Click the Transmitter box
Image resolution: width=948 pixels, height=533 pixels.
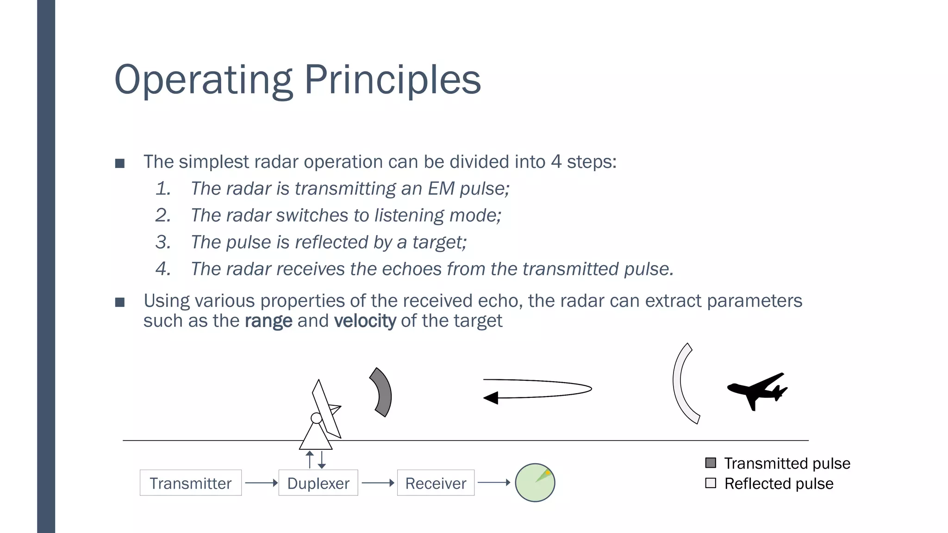tap(190, 483)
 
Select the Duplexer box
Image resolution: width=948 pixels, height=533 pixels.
tap(318, 483)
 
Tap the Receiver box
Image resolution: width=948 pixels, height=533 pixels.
tap(436, 483)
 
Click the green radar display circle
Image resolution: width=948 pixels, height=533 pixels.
tap(535, 483)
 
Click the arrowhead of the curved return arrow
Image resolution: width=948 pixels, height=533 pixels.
tap(491, 398)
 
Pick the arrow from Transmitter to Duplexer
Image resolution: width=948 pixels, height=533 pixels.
tap(261, 483)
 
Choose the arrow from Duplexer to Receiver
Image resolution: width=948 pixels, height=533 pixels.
tap(378, 483)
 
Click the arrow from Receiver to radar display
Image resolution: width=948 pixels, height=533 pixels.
tap(493, 483)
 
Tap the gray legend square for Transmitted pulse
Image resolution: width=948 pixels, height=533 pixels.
tap(711, 463)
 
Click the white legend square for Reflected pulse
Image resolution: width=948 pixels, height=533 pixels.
tap(711, 483)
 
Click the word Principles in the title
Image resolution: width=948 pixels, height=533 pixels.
tap(392, 80)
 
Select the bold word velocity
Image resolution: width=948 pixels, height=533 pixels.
tap(365, 321)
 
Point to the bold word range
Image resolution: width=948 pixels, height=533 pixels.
tap(268, 321)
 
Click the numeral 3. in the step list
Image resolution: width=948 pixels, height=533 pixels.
tap(163, 242)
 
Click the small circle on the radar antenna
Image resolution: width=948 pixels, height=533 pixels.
tap(316, 418)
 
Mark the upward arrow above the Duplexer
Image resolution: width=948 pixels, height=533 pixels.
tap(310, 459)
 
